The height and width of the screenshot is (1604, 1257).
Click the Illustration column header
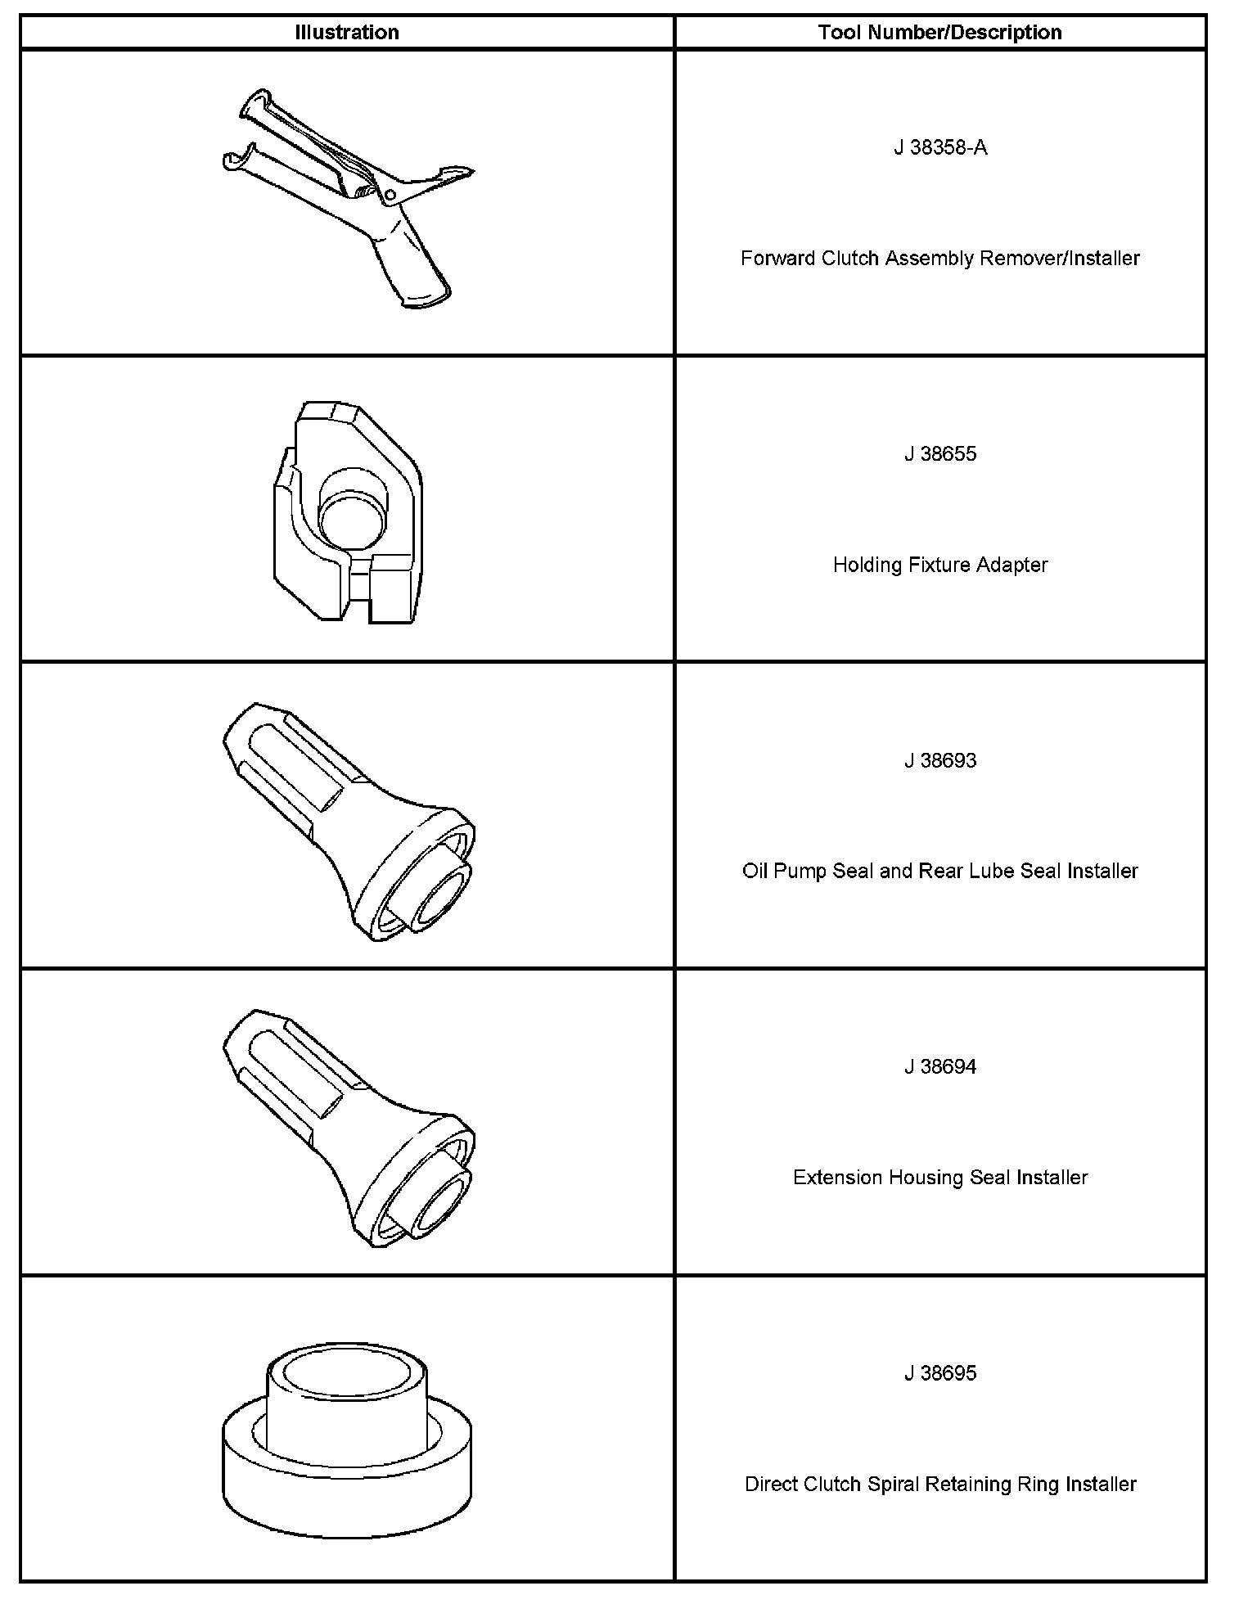tap(347, 33)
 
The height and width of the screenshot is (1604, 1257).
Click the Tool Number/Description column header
tap(939, 33)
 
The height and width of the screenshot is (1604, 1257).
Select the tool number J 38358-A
tap(939, 147)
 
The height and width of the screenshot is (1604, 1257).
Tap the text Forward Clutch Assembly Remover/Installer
tap(939, 259)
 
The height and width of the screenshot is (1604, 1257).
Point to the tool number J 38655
tap(939, 454)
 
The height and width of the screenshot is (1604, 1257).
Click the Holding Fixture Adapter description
tap(939, 565)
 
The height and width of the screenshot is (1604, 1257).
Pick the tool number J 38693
tap(939, 760)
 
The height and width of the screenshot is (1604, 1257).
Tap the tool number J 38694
tap(939, 1066)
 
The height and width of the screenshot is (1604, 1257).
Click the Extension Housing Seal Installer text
tap(939, 1178)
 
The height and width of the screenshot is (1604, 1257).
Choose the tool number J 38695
tap(939, 1373)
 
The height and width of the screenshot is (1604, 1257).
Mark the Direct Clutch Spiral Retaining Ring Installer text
tap(939, 1484)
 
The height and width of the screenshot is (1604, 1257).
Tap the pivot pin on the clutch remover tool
tap(390, 195)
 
